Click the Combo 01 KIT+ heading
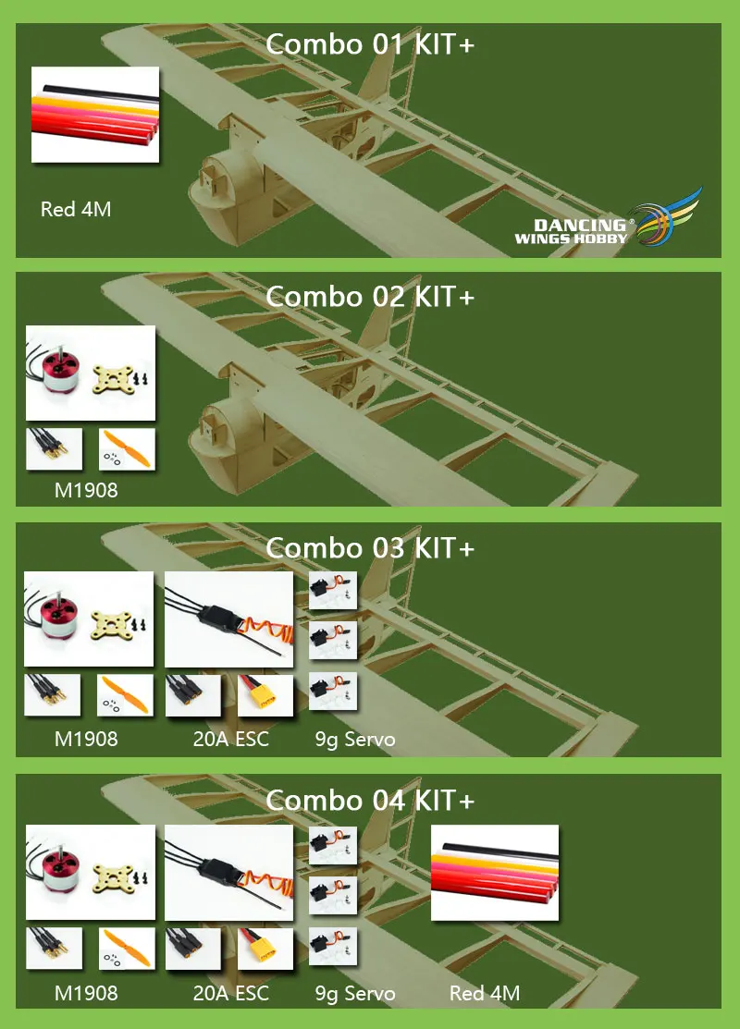(x=370, y=44)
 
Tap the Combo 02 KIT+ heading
(x=370, y=297)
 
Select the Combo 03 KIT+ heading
(x=370, y=548)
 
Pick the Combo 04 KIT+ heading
(x=370, y=800)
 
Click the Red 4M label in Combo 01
(x=76, y=210)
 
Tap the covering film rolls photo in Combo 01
(x=95, y=114)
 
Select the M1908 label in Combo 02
(x=86, y=490)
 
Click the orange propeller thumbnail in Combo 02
(x=127, y=448)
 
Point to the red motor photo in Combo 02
(x=90, y=374)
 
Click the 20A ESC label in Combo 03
(x=230, y=740)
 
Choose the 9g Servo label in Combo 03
(x=355, y=740)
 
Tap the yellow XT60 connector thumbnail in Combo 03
(x=265, y=696)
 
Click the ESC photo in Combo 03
(x=228, y=619)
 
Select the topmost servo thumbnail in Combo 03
(x=333, y=592)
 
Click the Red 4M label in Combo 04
(x=485, y=994)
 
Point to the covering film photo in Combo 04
(x=495, y=872)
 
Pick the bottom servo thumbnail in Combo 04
(x=333, y=946)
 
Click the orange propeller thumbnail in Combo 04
(x=127, y=949)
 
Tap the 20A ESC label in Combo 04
(x=230, y=994)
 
